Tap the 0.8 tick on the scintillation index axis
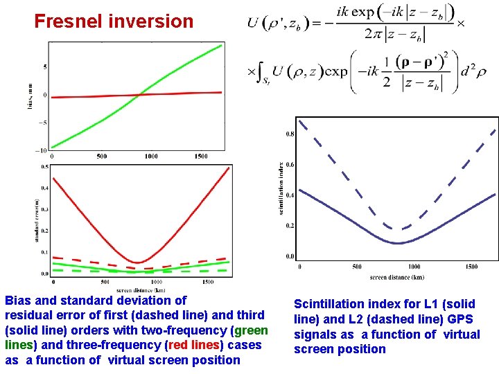[290, 134]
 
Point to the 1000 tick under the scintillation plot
[414, 267]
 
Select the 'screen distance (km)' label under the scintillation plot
[398, 277]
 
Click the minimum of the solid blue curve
[397, 243]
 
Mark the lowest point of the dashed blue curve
[397, 229]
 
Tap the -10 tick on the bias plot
[42, 150]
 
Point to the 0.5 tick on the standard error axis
[44, 167]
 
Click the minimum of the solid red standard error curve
[139, 262]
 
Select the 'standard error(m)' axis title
[36, 220]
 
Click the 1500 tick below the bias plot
[201, 157]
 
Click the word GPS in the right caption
[461, 319]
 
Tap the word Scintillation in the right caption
[330, 303]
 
